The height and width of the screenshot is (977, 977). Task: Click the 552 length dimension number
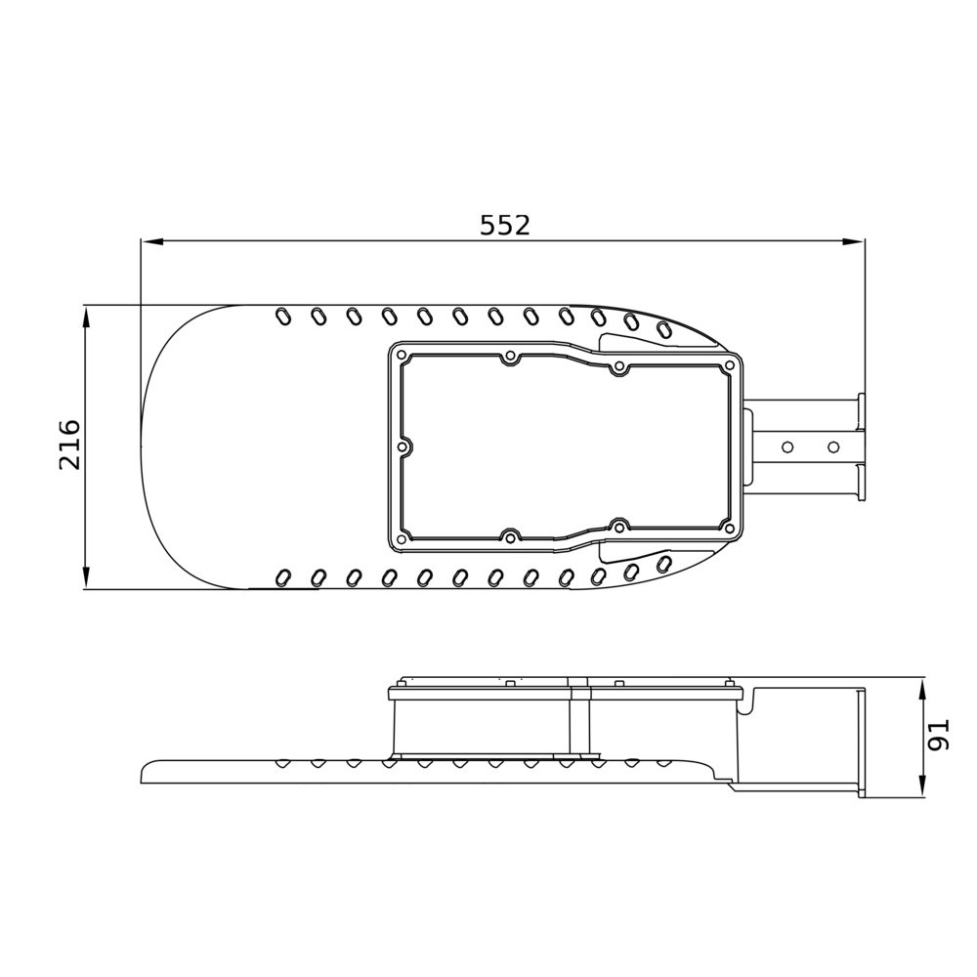(x=505, y=225)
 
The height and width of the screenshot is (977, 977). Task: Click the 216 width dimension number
(x=69, y=445)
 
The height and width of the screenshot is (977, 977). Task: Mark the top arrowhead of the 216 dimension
(x=86, y=318)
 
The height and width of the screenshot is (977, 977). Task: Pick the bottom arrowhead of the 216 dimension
(x=86, y=577)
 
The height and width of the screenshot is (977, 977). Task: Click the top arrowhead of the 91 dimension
(x=923, y=692)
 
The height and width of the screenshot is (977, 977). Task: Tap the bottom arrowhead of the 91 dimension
(x=923, y=786)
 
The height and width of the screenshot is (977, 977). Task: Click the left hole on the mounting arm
(x=787, y=446)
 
